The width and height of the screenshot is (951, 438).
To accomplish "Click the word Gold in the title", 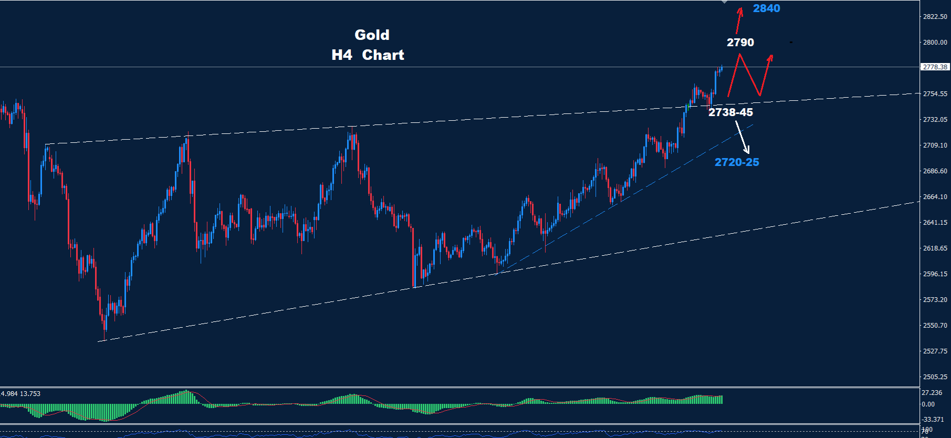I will (x=372, y=35).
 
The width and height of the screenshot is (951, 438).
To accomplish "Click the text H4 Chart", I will (x=368, y=55).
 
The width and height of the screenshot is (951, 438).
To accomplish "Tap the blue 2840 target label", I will (x=766, y=8).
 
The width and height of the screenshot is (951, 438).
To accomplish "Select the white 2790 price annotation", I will (x=740, y=43).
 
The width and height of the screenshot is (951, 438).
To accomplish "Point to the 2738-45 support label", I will (x=730, y=112).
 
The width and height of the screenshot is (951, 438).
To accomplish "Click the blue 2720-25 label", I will (x=737, y=162).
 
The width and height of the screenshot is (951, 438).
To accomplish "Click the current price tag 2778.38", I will (x=935, y=67).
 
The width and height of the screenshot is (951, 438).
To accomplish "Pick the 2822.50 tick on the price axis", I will (x=935, y=17).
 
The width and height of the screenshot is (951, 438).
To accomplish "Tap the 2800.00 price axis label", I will (x=935, y=43).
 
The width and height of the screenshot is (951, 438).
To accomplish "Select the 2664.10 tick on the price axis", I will (x=935, y=197).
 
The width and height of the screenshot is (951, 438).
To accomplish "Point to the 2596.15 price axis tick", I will (x=935, y=274).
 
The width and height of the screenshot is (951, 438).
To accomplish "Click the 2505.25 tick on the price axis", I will (x=935, y=377).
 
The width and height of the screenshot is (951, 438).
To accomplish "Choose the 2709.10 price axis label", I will (x=935, y=145).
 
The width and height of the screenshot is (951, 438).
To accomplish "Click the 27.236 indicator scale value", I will (x=932, y=393).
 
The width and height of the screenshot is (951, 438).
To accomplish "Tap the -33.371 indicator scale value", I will (x=933, y=420).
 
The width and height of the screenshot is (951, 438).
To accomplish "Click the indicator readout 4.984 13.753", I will (x=20, y=394).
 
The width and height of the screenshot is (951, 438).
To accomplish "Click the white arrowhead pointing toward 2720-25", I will (x=747, y=151).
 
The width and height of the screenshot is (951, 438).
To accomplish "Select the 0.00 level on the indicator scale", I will (x=928, y=404).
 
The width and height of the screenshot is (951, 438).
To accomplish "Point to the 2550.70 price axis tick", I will (x=935, y=326).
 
